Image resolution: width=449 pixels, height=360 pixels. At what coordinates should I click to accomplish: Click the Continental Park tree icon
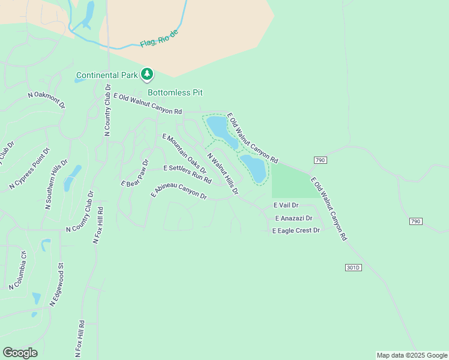pos(147,74)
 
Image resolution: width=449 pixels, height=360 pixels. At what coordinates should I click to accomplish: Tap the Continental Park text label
pos(107,76)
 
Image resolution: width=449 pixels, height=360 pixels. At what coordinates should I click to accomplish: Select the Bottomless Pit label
pos(175,92)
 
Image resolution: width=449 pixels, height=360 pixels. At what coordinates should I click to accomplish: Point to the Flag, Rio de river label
pos(159,38)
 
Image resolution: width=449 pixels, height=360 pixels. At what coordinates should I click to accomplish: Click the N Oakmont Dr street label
pos(46,100)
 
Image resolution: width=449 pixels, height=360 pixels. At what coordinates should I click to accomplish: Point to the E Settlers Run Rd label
pos(187,174)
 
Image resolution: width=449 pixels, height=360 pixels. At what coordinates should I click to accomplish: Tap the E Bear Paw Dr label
pos(134,173)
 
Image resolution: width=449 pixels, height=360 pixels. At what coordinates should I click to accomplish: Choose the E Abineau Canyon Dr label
pos(179,191)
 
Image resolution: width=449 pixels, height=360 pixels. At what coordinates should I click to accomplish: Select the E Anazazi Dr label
pos(294,218)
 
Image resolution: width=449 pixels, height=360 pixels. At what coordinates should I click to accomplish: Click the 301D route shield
pos(354,267)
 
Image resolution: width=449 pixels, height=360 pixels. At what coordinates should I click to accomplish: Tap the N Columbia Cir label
pos(19,270)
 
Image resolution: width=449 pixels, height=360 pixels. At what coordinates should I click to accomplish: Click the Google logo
pos(20,353)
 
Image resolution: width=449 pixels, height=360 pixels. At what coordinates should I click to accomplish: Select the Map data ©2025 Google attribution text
pos(411,355)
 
